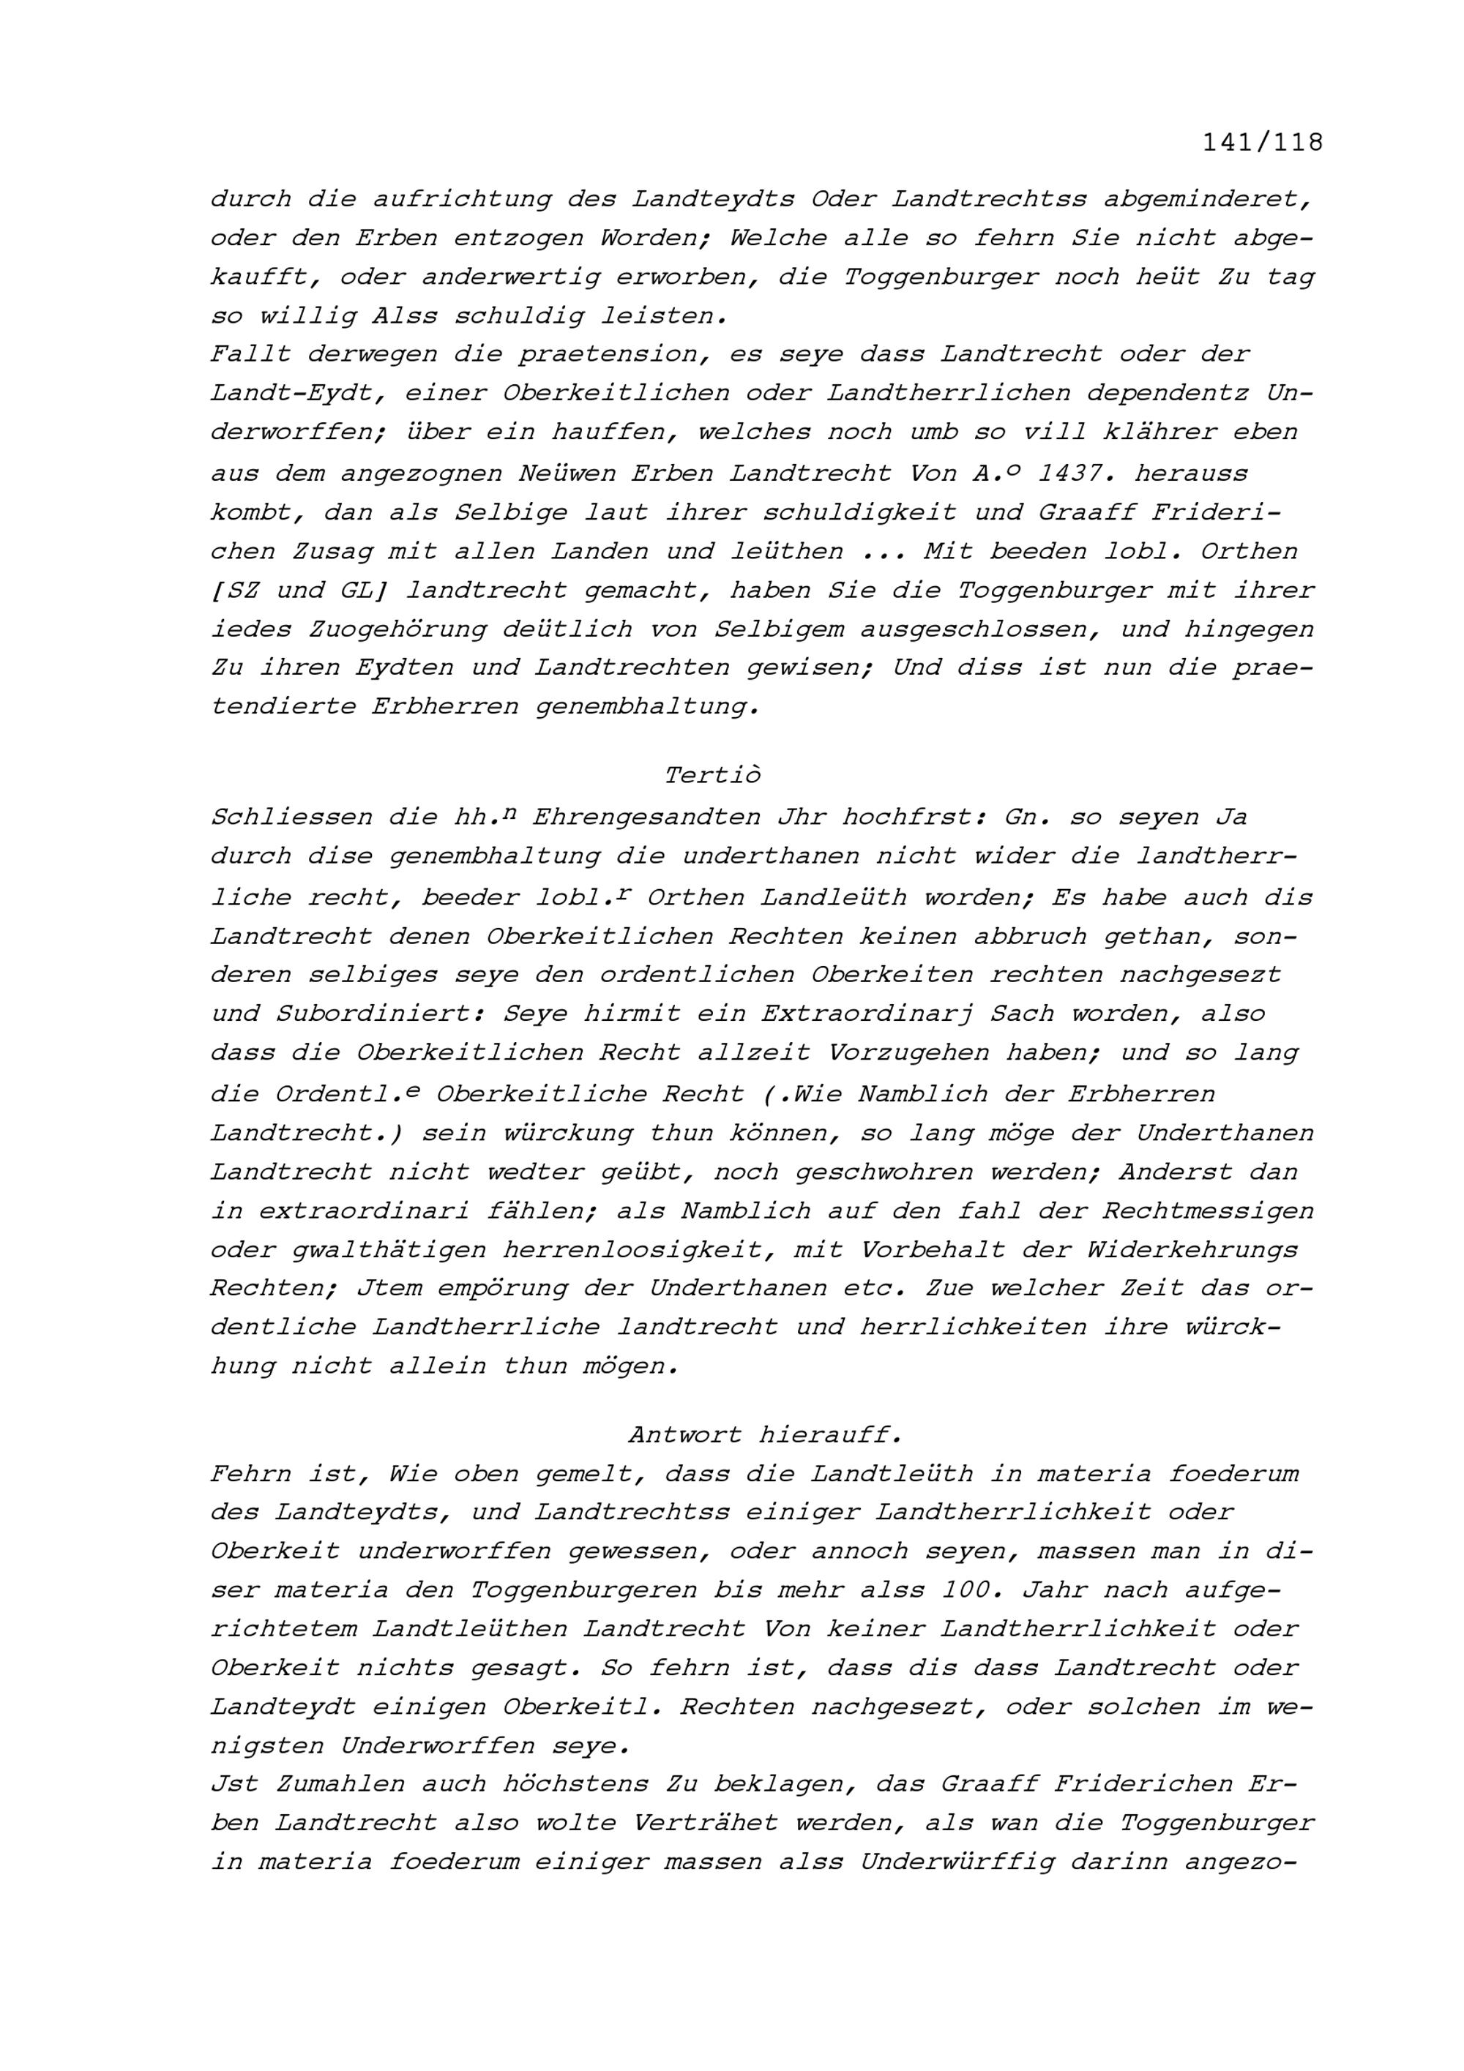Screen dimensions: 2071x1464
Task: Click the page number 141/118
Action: click(1262, 143)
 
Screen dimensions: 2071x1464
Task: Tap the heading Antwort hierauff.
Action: click(765, 1434)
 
